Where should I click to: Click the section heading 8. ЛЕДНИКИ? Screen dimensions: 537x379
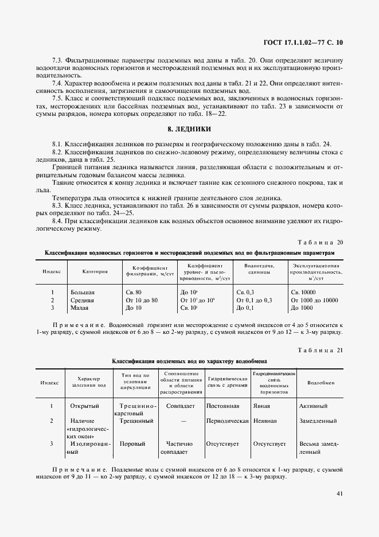[x=189, y=129]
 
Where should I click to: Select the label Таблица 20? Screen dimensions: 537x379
[x=321, y=242]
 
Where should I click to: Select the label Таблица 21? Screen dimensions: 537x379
[x=321, y=350]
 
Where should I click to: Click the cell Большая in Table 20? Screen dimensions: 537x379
[x=82, y=292]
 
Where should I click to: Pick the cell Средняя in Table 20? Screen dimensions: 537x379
[x=82, y=300]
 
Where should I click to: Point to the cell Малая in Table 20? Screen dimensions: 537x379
[x=80, y=308]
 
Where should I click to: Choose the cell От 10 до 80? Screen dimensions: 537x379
[x=141, y=300]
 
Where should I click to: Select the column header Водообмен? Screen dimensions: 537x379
[x=318, y=383]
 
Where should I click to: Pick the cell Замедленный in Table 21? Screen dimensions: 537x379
[x=318, y=421]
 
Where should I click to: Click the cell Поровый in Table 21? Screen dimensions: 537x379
[x=132, y=443]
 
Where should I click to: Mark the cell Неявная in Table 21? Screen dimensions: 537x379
[x=265, y=421]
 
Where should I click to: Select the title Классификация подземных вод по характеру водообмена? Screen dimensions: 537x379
[x=189, y=361]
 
